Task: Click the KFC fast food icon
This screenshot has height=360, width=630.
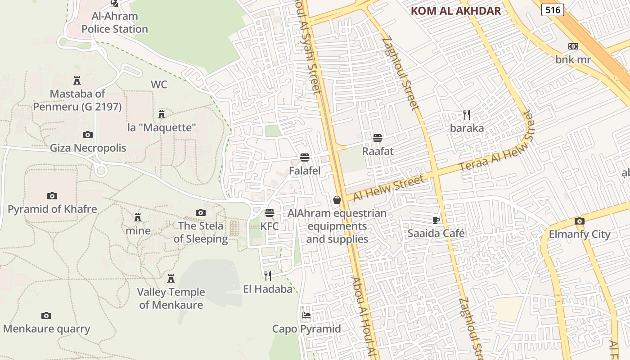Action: click(270, 212)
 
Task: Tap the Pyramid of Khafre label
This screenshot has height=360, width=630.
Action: click(52, 209)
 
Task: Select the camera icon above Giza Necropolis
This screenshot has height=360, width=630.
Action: click(88, 135)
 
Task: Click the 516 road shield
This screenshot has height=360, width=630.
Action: click(553, 9)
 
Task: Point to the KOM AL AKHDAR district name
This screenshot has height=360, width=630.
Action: click(456, 11)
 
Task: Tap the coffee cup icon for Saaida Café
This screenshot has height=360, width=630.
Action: click(436, 220)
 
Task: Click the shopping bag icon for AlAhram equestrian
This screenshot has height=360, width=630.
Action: click(337, 200)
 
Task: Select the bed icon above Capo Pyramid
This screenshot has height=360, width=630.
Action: click(306, 315)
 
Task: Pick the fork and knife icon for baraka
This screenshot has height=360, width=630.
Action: click(467, 115)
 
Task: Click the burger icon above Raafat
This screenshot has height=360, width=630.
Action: click(378, 138)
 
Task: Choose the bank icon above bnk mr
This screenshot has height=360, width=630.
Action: click(573, 46)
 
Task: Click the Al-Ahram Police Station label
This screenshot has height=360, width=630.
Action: click(115, 22)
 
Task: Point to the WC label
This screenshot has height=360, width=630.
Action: click(159, 85)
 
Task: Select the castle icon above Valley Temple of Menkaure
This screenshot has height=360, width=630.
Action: click(171, 279)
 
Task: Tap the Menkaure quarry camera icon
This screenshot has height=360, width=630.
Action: click(46, 315)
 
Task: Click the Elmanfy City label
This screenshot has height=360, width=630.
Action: click(580, 234)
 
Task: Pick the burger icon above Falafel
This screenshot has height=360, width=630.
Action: click(305, 157)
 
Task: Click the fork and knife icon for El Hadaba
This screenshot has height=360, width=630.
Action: click(268, 275)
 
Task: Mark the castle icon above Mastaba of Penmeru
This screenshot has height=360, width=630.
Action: click(77, 81)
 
